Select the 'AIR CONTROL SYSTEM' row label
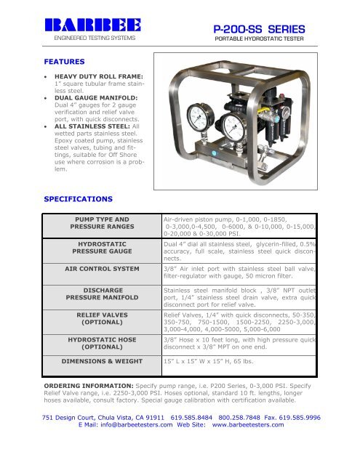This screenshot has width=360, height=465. [102, 269]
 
